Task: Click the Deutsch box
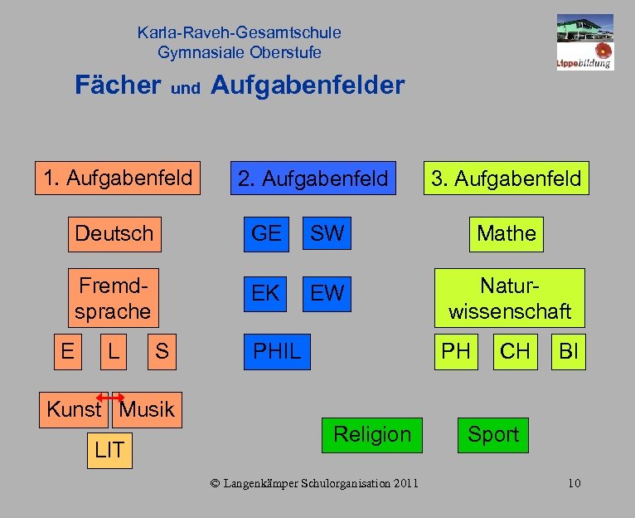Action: (x=114, y=233)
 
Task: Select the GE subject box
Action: (x=266, y=233)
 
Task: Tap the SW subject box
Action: (x=327, y=233)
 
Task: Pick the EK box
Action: (x=265, y=293)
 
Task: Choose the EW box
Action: (x=327, y=293)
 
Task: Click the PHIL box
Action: (x=277, y=351)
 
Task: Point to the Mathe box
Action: (x=507, y=233)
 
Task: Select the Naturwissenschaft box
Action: (x=510, y=299)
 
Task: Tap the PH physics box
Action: (x=456, y=351)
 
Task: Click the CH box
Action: (x=515, y=351)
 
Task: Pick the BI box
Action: (x=569, y=351)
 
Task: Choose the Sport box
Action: (x=493, y=434)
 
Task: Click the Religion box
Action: (x=371, y=434)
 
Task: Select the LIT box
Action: (x=109, y=451)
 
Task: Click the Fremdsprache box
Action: (x=113, y=299)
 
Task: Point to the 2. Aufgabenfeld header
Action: (x=313, y=178)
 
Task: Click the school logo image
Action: (x=584, y=41)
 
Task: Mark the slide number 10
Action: (x=574, y=483)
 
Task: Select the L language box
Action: (x=113, y=351)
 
